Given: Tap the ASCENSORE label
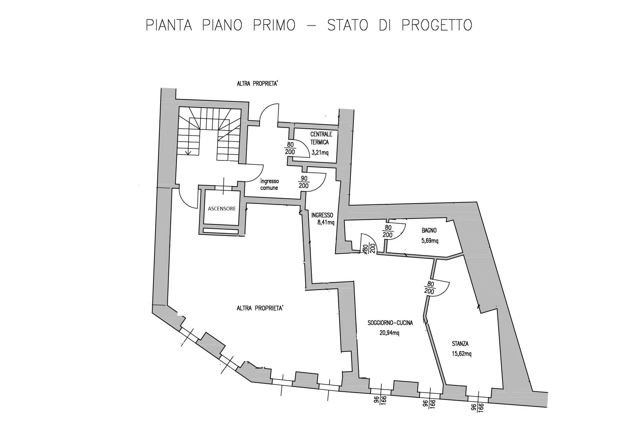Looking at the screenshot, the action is (x=222, y=209).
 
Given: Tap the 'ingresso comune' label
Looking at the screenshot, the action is (x=269, y=185).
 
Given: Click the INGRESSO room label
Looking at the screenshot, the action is (x=322, y=215).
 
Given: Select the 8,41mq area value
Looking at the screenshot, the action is (x=326, y=222).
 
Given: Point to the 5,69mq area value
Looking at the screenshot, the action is (x=430, y=241).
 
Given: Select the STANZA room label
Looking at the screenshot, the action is (x=460, y=344).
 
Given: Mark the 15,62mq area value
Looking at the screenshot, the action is (x=462, y=354).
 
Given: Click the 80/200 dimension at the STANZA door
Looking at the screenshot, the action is (x=429, y=288).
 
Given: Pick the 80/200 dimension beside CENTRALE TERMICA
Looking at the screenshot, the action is (x=290, y=148).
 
